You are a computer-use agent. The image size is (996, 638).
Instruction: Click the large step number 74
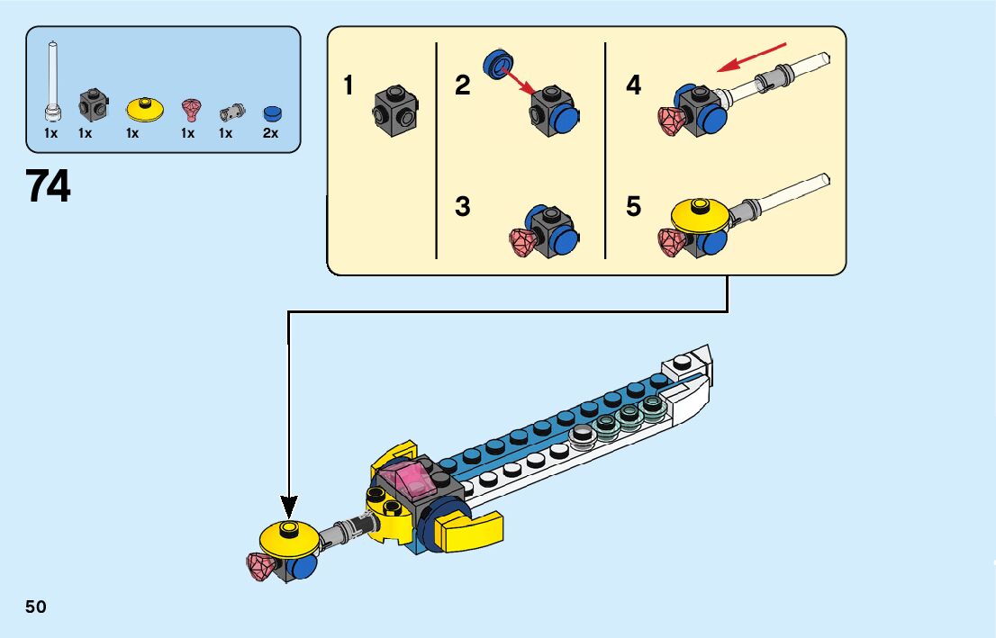click(x=49, y=186)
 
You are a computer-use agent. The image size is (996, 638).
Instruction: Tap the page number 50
click(x=36, y=607)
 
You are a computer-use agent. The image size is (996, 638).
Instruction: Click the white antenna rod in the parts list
click(x=53, y=81)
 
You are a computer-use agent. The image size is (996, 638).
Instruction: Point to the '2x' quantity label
click(x=270, y=133)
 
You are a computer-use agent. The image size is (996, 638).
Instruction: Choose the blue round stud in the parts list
click(x=272, y=113)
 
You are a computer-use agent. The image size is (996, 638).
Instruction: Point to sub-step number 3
click(x=463, y=207)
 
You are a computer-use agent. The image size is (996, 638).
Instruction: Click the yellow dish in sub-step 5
click(x=700, y=213)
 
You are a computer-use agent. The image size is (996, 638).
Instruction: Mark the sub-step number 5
click(x=634, y=207)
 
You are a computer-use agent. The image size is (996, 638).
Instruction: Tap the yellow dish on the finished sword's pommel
click(x=289, y=536)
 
